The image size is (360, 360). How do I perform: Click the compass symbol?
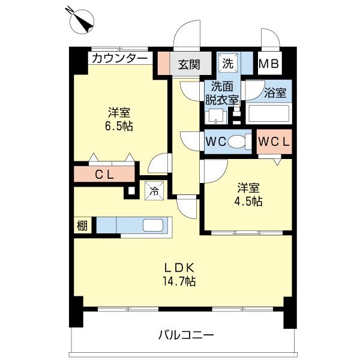click(x=82, y=20)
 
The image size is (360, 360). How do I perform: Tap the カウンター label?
click(x=119, y=58)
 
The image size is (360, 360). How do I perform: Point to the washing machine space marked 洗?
click(x=228, y=62)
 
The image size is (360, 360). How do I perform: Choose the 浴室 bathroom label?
click(x=275, y=93)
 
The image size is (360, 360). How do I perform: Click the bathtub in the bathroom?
click(x=269, y=113)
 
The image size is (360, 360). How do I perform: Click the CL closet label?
click(x=104, y=175)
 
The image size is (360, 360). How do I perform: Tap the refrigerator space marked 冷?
click(x=154, y=191)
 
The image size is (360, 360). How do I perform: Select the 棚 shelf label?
click(x=82, y=226)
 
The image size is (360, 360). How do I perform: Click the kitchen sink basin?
click(x=152, y=226)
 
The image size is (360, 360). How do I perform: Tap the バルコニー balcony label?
click(x=185, y=334)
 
